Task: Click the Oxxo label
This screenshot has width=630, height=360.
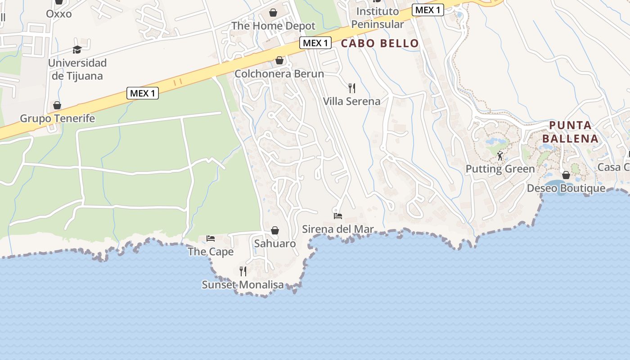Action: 58,13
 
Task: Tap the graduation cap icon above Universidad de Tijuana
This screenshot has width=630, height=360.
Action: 77,49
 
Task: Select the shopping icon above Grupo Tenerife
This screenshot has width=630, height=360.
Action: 57,105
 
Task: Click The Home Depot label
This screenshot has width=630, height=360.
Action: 273,26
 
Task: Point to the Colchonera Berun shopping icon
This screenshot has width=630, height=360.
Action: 279,60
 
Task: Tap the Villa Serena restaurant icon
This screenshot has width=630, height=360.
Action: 352,88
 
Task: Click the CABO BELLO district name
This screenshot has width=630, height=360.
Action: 380,44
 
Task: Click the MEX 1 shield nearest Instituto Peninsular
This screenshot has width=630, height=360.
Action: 427,10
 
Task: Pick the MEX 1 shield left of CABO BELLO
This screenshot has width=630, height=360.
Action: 315,43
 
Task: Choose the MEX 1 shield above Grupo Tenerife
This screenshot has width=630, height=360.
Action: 143,93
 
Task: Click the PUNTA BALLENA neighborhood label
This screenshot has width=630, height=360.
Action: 571,132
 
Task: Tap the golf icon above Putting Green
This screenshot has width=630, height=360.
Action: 500,156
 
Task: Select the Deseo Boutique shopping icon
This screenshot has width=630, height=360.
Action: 566,175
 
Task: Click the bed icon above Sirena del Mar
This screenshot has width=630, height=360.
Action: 337,216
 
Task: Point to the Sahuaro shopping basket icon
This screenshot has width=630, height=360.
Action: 275,230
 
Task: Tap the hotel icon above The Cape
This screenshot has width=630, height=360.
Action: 211,238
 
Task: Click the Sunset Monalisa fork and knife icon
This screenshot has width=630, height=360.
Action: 243,271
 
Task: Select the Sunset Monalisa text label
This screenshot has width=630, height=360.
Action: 243,285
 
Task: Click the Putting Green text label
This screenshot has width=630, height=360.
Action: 500,169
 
